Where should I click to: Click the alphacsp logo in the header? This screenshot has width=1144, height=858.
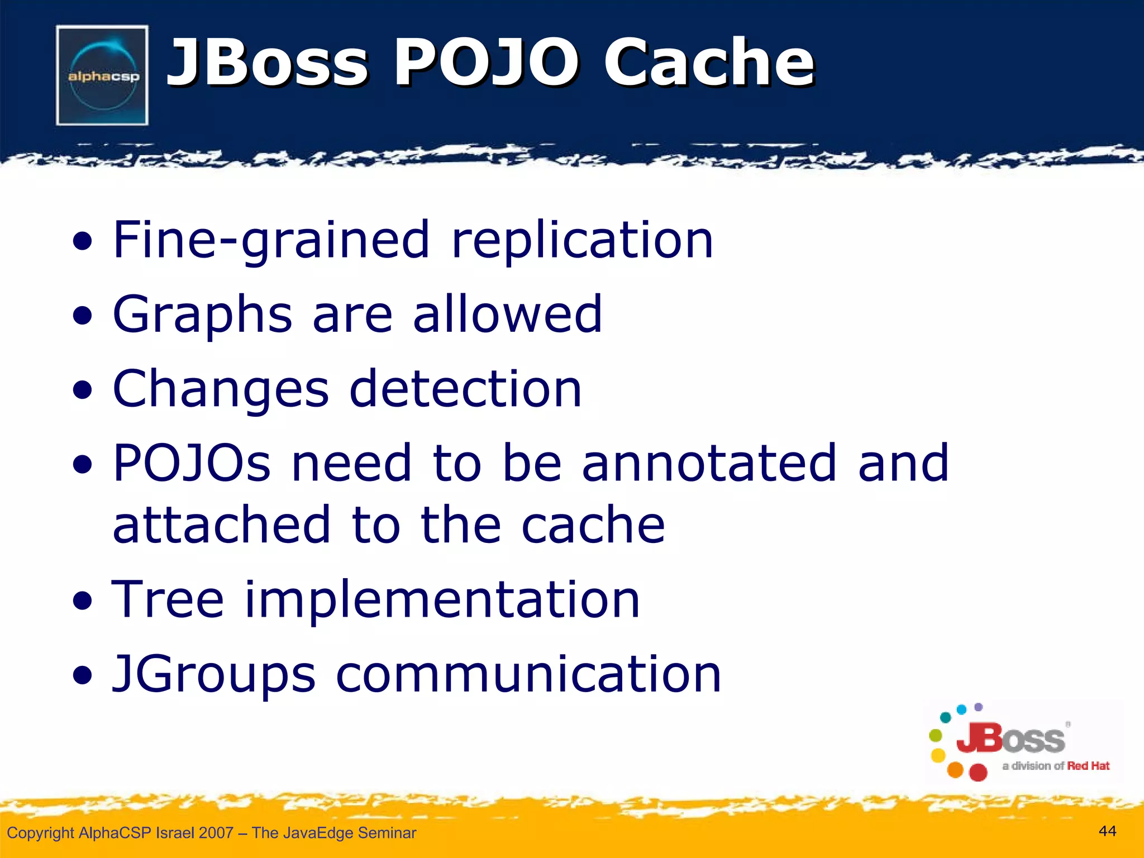click(102, 75)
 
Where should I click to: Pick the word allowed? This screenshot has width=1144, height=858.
click(508, 314)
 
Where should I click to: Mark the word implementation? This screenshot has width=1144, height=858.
click(442, 600)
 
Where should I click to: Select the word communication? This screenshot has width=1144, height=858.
click(528, 674)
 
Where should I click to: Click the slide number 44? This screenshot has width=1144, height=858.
click(1107, 831)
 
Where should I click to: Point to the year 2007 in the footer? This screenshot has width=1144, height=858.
click(216, 833)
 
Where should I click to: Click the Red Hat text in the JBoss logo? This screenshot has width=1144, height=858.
click(1088, 766)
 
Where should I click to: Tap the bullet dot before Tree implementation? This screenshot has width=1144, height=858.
click(82, 602)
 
